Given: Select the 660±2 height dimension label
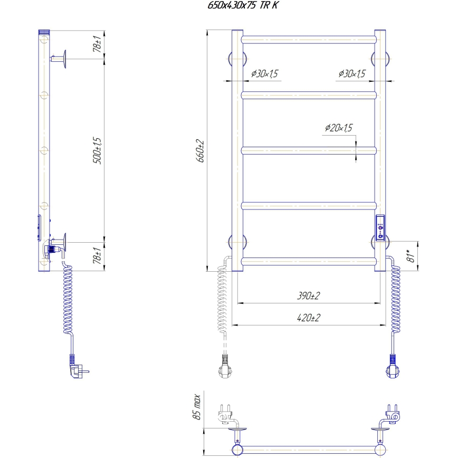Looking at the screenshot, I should (x=201, y=151).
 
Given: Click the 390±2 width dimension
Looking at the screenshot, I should (x=309, y=296).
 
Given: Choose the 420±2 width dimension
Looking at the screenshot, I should (x=309, y=318).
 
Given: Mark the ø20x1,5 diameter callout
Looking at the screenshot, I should (x=339, y=128).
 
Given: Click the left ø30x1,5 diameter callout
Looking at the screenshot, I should (x=264, y=73).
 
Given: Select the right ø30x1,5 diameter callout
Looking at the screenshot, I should (x=352, y=73).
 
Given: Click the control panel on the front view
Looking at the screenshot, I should (x=380, y=226).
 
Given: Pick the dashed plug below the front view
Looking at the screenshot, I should (x=225, y=366).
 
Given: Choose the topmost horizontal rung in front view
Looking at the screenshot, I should (x=309, y=40).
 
